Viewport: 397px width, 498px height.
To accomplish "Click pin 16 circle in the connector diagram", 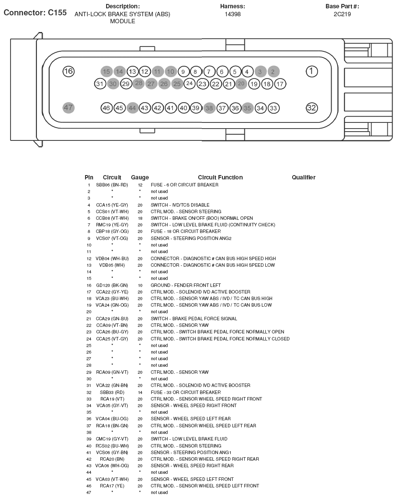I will (68, 72).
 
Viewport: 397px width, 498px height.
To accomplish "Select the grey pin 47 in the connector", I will (68, 107).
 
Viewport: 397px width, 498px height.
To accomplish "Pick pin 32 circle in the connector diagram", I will (311, 107).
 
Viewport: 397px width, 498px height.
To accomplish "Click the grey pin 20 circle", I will (241, 83).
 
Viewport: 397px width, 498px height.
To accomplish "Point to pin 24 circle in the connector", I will (190, 83).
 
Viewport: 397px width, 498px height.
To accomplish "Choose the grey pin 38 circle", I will (209, 108).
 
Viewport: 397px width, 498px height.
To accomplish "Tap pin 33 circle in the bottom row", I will (273, 108).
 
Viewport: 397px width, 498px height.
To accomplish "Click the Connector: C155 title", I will (35, 13).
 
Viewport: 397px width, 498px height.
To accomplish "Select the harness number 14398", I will (232, 14).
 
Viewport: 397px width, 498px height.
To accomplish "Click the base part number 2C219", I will (342, 14).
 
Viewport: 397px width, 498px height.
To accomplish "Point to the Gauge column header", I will (140, 178).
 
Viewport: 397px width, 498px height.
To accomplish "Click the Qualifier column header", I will (304, 178).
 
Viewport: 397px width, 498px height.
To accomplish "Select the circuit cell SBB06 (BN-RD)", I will (112, 185).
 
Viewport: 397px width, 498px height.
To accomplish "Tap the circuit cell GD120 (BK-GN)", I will (112, 286).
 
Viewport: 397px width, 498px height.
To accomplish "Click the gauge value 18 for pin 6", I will (140, 219).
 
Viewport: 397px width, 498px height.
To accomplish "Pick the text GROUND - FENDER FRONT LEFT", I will (186, 286).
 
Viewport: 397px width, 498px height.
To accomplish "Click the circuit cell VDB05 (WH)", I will (112, 265).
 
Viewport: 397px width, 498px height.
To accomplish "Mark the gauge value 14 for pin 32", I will (140, 393).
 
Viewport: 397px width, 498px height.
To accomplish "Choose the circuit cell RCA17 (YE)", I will (112, 486).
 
